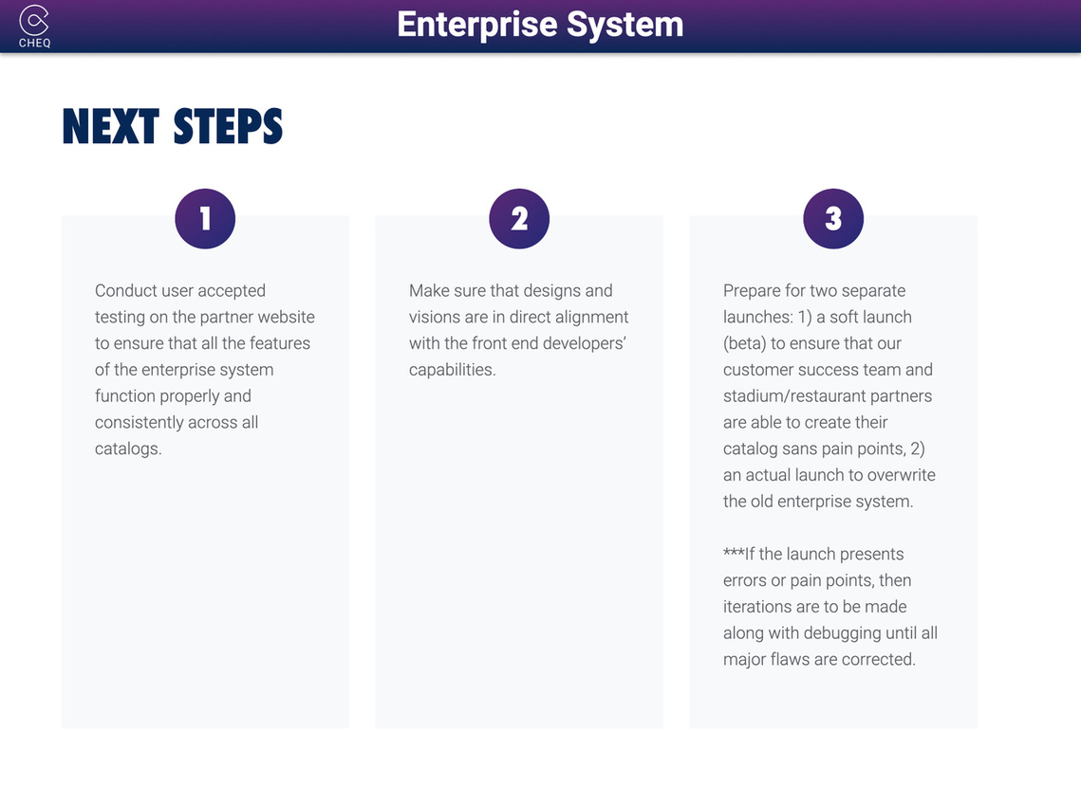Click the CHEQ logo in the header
pos(34,27)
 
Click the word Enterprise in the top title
pos(477,26)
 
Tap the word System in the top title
pos(625,25)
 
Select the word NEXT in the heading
pos(111,127)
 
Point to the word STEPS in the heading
pos(228,127)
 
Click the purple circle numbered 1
pos(205,219)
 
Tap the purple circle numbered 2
pos(519,219)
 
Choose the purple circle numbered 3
pos(833,219)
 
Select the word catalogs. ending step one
pos(128,448)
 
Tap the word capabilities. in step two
pos(453,371)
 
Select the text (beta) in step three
pos(745,343)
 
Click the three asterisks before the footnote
pos(734,552)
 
